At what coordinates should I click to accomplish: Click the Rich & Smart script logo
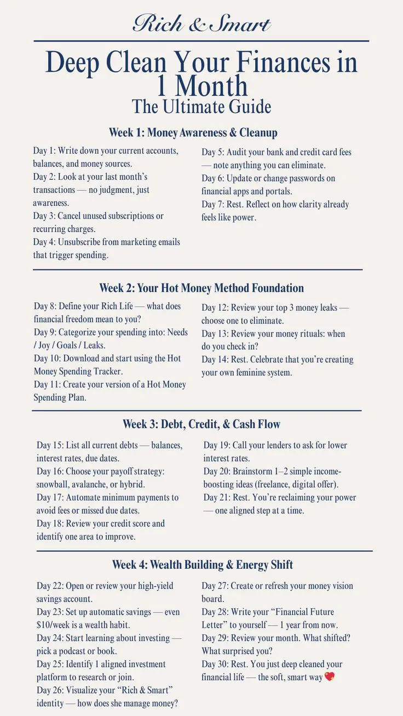[x=201, y=24]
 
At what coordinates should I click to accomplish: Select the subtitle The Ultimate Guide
[x=201, y=106]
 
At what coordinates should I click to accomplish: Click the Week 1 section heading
[x=193, y=132]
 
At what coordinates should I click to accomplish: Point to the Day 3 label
[x=44, y=216]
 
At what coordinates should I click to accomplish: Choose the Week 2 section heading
[x=201, y=288]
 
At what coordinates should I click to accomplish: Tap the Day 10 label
[x=47, y=358]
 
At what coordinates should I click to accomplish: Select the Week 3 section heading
[x=201, y=424]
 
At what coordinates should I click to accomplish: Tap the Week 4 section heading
[x=203, y=564]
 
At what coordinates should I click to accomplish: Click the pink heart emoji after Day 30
[x=329, y=677]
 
